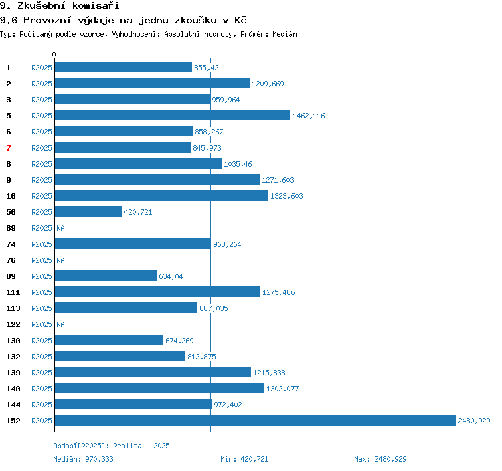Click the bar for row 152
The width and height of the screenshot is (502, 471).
pos(255,420)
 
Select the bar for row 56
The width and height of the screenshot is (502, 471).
pos(88,211)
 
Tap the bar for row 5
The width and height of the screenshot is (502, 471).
pos(173,115)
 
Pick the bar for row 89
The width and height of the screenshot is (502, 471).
pos(106,276)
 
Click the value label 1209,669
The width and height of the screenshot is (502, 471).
pos(268,84)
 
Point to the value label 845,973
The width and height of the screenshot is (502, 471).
pos(207,148)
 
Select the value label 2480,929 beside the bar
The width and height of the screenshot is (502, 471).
pos(474,421)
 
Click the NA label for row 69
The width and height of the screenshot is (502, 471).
pos(60,228)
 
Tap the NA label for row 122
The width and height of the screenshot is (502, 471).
pos(60,324)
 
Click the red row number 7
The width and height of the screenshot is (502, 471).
pos(9,148)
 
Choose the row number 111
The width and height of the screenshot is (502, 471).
pos(13,292)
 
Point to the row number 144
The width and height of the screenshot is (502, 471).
pos(13,405)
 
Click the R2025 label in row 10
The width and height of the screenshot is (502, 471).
pos(41,196)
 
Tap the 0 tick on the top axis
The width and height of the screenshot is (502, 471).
pos(54,54)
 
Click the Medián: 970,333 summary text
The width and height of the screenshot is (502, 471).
pos(83,459)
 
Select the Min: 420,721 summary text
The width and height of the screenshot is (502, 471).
pos(244,459)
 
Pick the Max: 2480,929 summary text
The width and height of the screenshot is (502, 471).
pos(380,459)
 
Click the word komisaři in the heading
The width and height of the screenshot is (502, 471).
pos(96,5)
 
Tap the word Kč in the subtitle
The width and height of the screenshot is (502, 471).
pos(240,20)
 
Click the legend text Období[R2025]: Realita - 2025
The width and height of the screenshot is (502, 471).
pos(111,446)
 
